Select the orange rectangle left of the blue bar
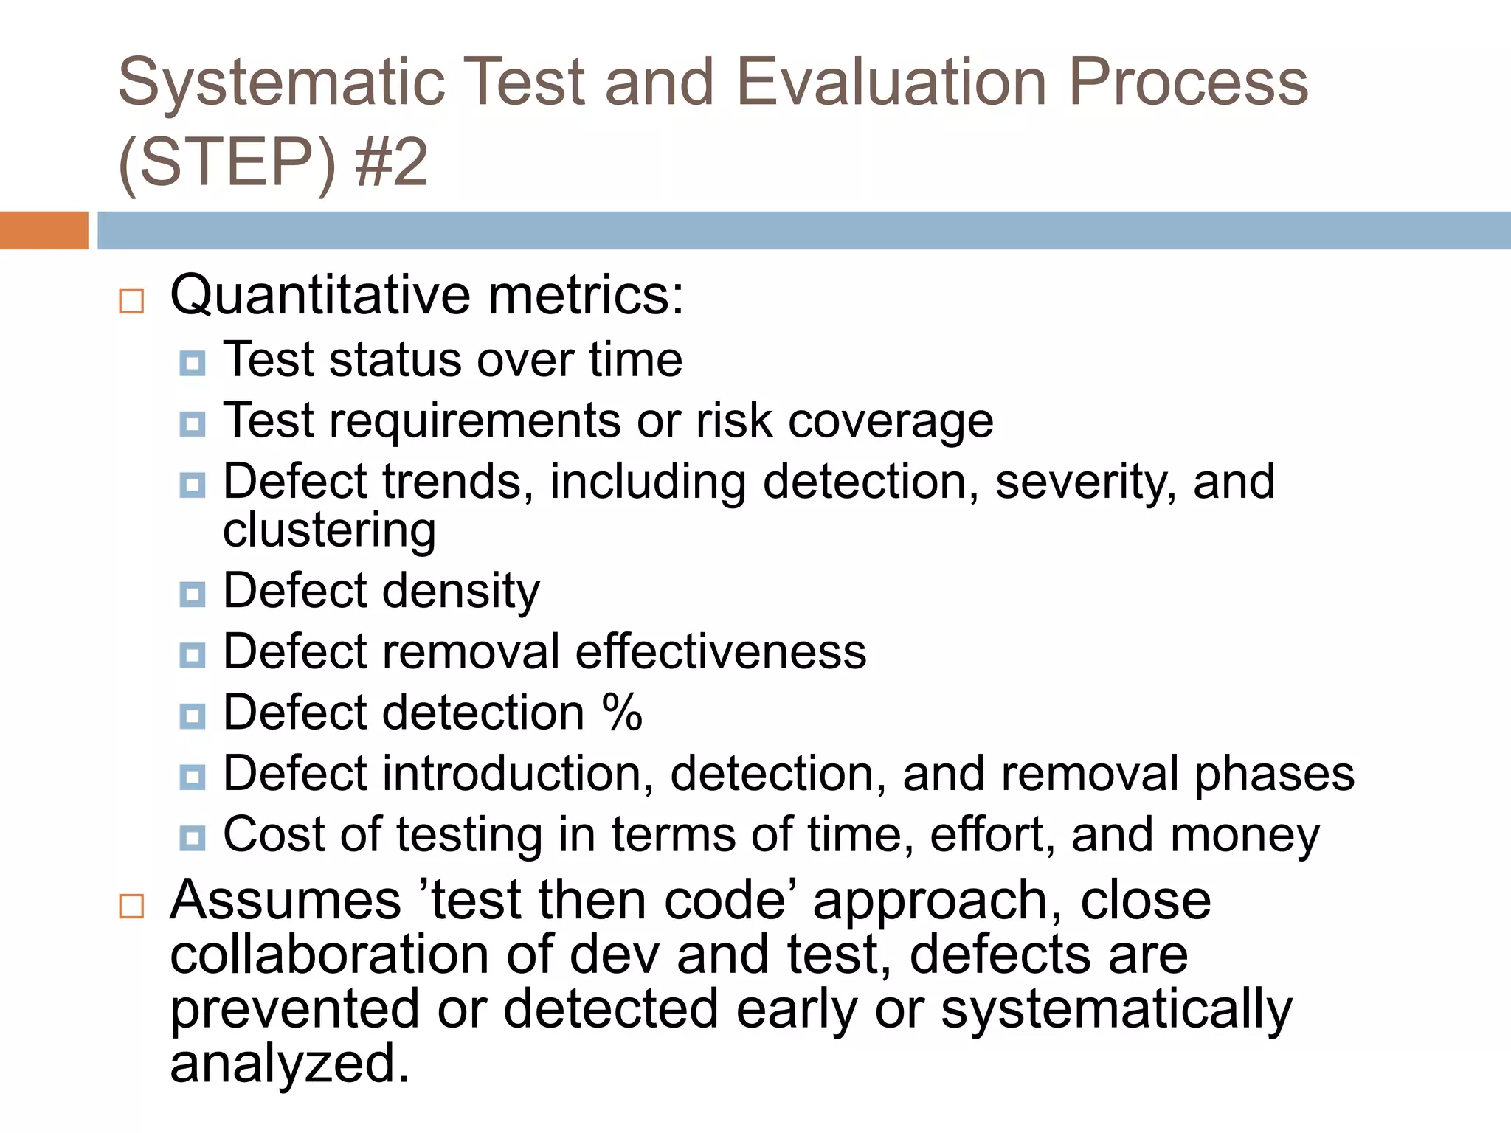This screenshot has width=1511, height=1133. (x=44, y=230)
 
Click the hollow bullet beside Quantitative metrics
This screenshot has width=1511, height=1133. (x=131, y=301)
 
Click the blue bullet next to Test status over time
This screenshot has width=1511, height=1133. (x=193, y=363)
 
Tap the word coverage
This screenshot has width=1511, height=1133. (x=891, y=422)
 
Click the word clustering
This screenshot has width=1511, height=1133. (x=329, y=531)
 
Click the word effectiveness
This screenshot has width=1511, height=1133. (x=721, y=652)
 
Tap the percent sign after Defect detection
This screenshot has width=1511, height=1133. (x=622, y=713)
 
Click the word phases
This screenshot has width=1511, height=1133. (x=1274, y=775)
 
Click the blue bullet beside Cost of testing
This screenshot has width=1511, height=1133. (x=193, y=838)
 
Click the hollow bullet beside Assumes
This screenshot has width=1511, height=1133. (x=131, y=906)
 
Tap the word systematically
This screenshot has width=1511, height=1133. (x=1116, y=1009)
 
